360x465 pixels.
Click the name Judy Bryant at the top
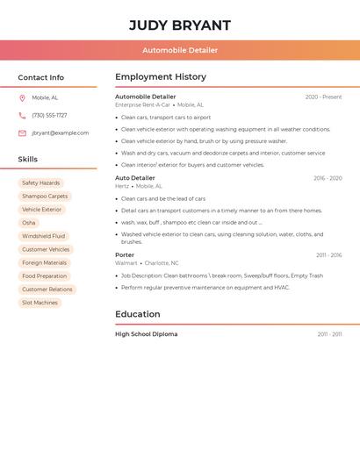pyautogui.click(x=180, y=25)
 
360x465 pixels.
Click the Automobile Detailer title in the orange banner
pyautogui.click(x=180, y=50)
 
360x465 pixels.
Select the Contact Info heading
pyautogui.click(x=40, y=77)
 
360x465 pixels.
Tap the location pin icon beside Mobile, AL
pyautogui.click(x=22, y=98)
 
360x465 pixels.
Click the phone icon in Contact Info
pyautogui.click(x=22, y=116)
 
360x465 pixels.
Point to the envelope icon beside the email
pyautogui.click(x=22, y=133)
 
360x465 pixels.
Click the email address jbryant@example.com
pyautogui.click(x=60, y=133)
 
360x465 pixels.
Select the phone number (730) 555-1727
pyautogui.click(x=49, y=116)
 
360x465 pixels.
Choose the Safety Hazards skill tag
pyautogui.click(x=40, y=183)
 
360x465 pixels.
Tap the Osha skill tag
pyautogui.click(x=29, y=223)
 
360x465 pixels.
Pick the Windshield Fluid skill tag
pyautogui.click(x=43, y=236)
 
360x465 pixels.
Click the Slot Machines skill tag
pyautogui.click(x=40, y=303)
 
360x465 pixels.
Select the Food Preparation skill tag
pyautogui.click(x=44, y=276)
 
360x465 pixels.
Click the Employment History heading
pyautogui.click(x=161, y=77)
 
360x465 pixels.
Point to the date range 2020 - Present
pyautogui.click(x=323, y=97)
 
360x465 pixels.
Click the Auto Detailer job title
pyautogui.click(x=135, y=178)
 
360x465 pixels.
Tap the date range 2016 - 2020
pyautogui.click(x=328, y=178)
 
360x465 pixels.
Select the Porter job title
pyautogui.click(x=125, y=255)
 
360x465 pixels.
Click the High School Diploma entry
pyautogui.click(x=146, y=334)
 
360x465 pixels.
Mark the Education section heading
pyautogui.click(x=138, y=314)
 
